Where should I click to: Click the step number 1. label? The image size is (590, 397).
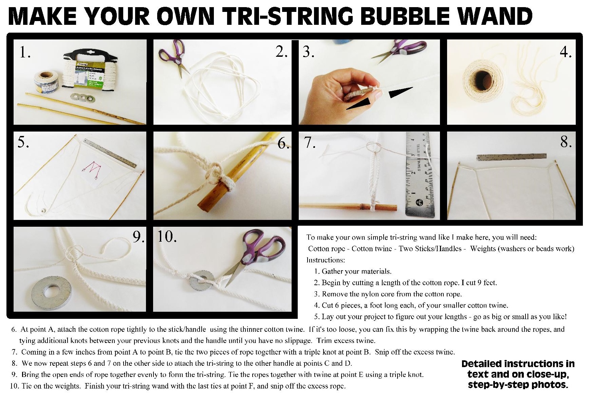click(25, 53)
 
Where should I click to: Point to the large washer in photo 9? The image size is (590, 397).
click(51, 292)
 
